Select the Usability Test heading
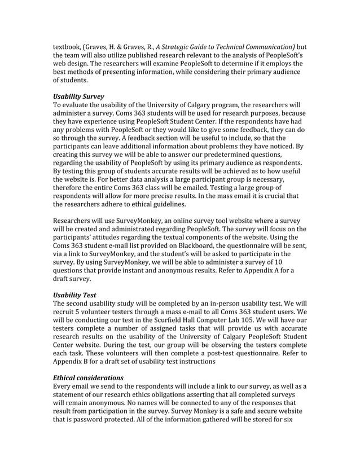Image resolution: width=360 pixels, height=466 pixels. click(74, 294)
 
